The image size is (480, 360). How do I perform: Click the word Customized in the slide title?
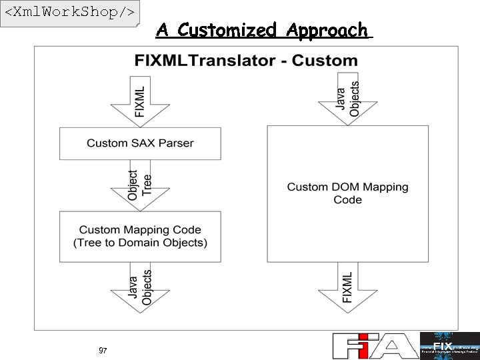point(227,30)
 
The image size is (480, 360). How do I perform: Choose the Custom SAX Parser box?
point(140,143)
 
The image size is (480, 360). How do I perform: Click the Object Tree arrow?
point(140,184)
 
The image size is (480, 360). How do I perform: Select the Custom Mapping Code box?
point(140,237)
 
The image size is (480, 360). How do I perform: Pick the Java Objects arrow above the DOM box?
point(348,100)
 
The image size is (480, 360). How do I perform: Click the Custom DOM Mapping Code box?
point(347,193)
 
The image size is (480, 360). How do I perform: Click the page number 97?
point(103,351)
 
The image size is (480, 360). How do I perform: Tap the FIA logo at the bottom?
point(374,345)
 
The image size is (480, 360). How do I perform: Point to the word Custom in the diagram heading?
point(325,61)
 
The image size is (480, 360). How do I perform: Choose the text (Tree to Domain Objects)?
point(140,243)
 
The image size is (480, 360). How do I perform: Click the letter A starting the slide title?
point(162,30)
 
